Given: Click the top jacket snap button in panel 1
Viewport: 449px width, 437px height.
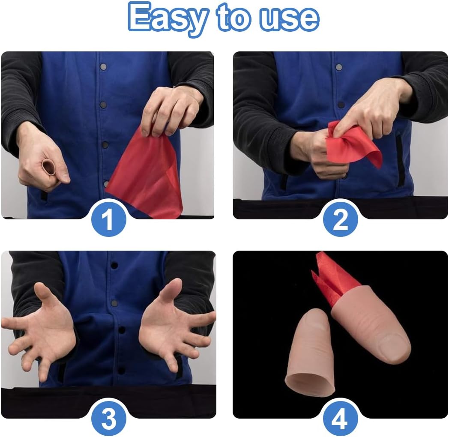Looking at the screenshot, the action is (x=103, y=67).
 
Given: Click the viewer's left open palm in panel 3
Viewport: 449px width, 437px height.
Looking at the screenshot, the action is (x=43, y=326).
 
